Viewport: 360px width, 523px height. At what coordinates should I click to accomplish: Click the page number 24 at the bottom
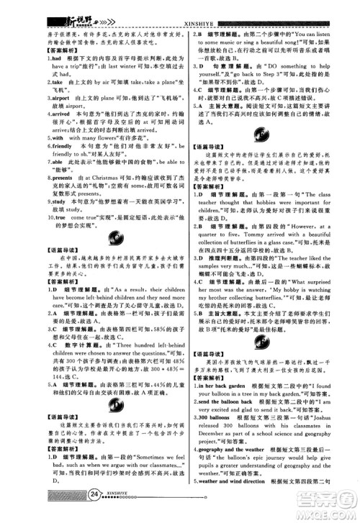(94, 512)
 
